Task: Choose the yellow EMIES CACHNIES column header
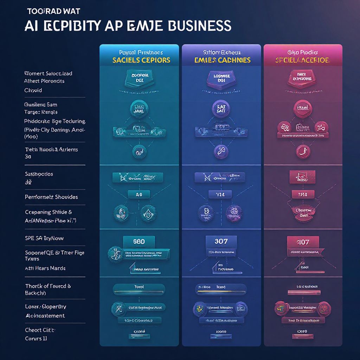point(222,60)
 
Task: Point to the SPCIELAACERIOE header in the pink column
point(303,60)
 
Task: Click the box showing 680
point(139,242)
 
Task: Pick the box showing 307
point(221,242)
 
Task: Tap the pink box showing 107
point(303,242)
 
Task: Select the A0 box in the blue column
point(139,194)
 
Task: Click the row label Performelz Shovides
point(51,197)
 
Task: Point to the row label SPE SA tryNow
point(44,238)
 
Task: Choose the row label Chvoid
point(33,90)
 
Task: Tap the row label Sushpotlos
point(39,174)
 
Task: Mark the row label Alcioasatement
point(45,316)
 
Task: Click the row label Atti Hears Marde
point(45,268)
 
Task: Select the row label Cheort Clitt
point(40,330)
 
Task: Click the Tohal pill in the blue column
point(139,287)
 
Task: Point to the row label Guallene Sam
point(41,104)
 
